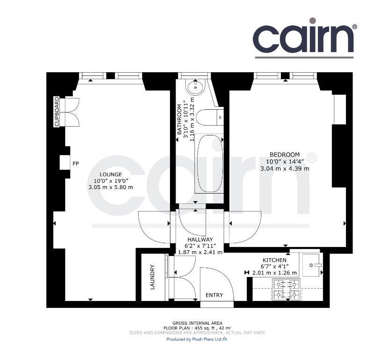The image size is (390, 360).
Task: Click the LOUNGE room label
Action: click(x=110, y=174)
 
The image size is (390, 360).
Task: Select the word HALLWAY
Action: click(x=200, y=240)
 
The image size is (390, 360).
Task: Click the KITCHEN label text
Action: click(x=274, y=260)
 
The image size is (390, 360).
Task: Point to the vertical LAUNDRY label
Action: click(x=152, y=277)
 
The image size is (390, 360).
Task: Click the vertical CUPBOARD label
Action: click(x=57, y=112)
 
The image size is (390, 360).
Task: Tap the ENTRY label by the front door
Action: click(x=214, y=295)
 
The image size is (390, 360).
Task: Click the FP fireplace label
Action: click(x=76, y=164)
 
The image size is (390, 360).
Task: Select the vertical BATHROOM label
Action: click(x=179, y=120)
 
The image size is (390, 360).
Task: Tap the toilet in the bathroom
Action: click(x=209, y=117)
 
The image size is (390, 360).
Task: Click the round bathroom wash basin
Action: click(x=196, y=87)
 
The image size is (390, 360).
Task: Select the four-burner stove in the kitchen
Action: click(x=286, y=289)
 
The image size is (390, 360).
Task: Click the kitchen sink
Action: click(x=311, y=265)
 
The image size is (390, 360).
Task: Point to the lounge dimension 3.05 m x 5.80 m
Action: click(x=110, y=187)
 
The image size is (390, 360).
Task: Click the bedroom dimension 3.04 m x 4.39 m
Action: click(x=285, y=169)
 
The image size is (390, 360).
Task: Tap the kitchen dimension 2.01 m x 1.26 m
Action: click(x=274, y=273)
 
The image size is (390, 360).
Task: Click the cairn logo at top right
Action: click(x=305, y=38)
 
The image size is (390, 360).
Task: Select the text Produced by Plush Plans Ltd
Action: click(x=194, y=339)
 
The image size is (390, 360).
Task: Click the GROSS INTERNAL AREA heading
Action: click(x=197, y=323)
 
